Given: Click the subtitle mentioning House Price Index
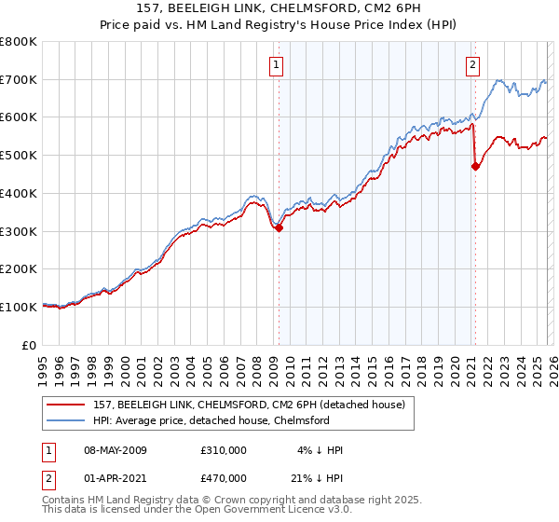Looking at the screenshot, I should [279, 25].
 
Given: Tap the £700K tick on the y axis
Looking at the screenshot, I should [19, 80].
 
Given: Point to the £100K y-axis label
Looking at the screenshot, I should [19, 307].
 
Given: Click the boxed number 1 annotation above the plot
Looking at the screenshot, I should [278, 64].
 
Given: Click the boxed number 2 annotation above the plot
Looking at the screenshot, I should [473, 64].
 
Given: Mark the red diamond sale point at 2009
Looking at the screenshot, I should [279, 227].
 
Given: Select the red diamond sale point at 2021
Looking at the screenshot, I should [475, 166].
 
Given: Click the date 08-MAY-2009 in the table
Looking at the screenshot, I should [110, 450].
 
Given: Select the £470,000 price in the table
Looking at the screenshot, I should [223, 476].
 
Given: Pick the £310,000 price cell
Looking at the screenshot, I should [223, 450].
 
